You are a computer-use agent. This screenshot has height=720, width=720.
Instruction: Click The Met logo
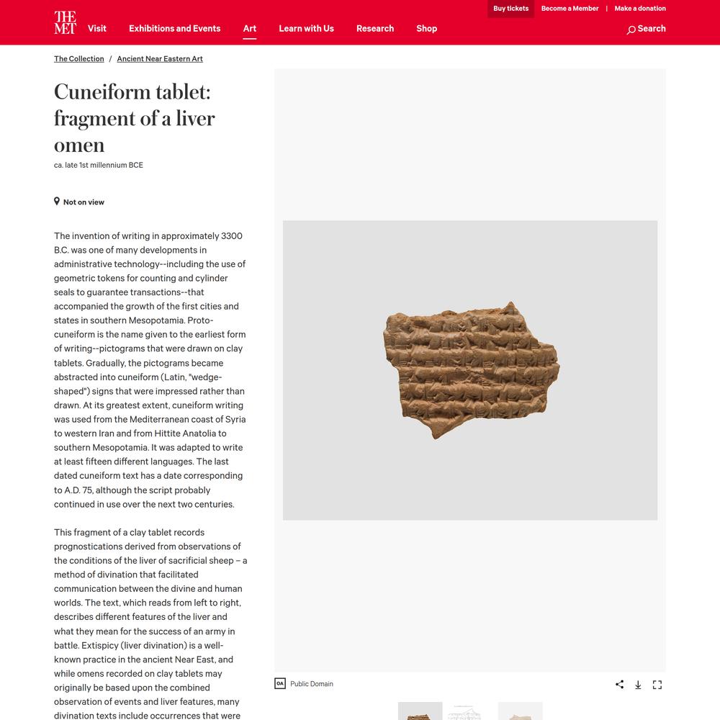tap(65, 22)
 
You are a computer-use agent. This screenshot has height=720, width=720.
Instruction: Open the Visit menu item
tap(97, 29)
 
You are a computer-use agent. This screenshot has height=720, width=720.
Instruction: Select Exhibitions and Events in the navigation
tap(175, 29)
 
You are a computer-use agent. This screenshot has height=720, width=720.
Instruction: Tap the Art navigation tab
tap(250, 29)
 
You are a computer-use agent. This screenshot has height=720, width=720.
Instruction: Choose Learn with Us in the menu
tap(307, 29)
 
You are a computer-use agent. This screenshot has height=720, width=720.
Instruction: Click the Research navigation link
tap(375, 29)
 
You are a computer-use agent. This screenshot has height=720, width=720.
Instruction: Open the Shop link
tap(427, 29)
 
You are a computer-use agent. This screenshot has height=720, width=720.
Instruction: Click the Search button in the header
tap(646, 29)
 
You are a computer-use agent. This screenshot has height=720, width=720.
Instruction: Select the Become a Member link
tap(570, 9)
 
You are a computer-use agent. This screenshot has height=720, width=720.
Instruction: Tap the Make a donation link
tap(640, 9)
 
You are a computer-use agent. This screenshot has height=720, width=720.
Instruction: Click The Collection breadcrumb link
tap(79, 59)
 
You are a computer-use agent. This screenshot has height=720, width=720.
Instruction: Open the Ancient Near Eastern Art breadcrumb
tap(160, 59)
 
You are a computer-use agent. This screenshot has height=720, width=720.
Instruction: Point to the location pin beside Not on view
tap(57, 202)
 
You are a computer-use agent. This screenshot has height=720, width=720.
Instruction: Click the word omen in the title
tap(79, 145)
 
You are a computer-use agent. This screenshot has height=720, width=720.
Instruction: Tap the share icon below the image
tap(619, 684)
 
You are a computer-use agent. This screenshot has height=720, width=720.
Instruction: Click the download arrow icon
tap(638, 684)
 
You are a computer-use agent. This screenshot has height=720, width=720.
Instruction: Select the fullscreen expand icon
tap(657, 684)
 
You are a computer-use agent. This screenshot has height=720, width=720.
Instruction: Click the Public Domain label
tap(311, 684)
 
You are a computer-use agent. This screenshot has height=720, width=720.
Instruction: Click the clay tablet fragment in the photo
tap(468, 367)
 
